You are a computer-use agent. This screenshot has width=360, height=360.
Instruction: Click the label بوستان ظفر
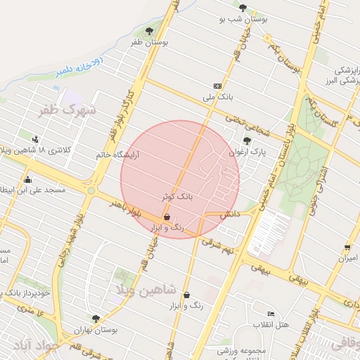coord(150,43)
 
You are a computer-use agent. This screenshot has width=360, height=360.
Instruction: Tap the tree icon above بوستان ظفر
coord(149,31)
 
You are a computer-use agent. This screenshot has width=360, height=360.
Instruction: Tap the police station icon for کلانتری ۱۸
coord(35,139)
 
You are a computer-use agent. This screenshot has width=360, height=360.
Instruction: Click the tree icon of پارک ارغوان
coord(246,140)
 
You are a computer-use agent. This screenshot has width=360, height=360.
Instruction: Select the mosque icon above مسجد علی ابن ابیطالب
coord(27,179)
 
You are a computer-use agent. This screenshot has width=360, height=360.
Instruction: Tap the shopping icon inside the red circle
coord(166,217)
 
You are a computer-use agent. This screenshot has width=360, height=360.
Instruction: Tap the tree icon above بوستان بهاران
coord(96,318)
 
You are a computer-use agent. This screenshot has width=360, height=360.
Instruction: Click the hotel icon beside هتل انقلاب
coord(271,314)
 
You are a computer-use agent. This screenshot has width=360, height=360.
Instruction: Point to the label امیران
coord(347,258)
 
